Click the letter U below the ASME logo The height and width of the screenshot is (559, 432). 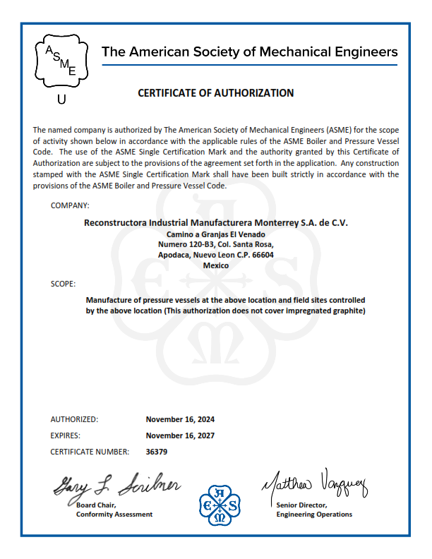(x=61, y=100)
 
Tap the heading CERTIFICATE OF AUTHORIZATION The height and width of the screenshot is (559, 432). (x=215, y=92)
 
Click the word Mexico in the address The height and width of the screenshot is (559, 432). (x=215, y=265)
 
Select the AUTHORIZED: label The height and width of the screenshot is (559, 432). (x=75, y=419)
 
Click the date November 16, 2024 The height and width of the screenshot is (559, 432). (x=180, y=419)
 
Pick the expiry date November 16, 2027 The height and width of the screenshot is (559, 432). (x=180, y=435)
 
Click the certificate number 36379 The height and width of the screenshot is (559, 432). (x=157, y=452)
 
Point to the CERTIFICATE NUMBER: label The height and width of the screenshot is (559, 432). (x=90, y=452)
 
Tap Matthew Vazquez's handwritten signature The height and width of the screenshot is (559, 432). (x=316, y=485)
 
